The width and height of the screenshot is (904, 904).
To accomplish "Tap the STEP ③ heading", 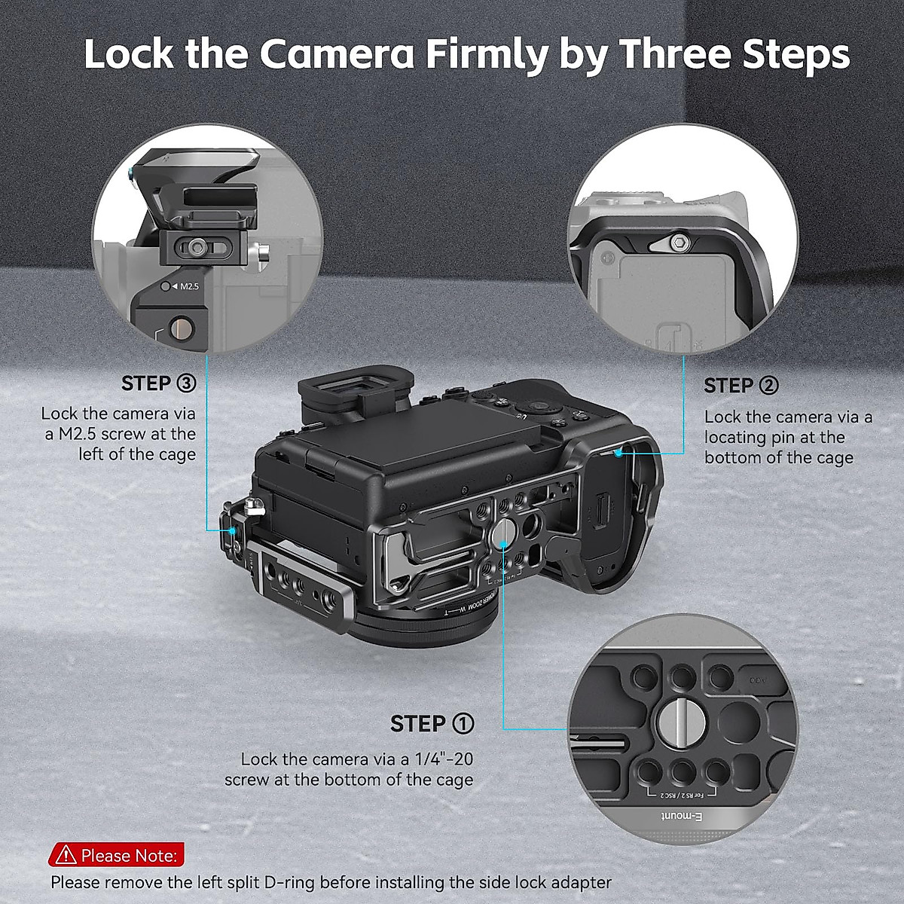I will tap(158, 383).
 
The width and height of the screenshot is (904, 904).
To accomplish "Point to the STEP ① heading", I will tap(432, 724).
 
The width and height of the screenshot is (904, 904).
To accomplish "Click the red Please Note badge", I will tap(117, 855).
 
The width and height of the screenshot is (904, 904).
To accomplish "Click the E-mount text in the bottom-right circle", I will tap(680, 817).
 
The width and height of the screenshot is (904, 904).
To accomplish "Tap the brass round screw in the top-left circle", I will tap(181, 329).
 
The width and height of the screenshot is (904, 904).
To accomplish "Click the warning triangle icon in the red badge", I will tap(66, 855).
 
